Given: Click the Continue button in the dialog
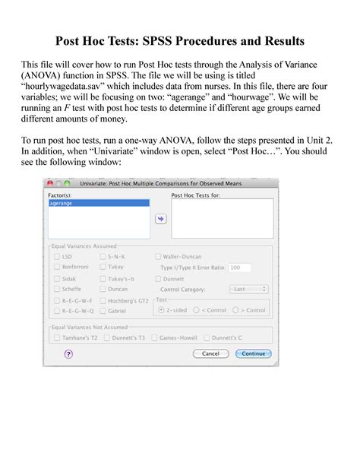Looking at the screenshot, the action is point(254,353).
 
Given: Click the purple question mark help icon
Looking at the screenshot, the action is point(68,353).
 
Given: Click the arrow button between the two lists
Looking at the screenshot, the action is point(161,218).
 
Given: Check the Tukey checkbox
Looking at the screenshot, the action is point(102,268).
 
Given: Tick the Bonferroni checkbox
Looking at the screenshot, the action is point(57,268).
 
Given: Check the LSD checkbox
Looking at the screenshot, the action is point(57,257).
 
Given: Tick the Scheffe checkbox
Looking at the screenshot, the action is point(57,289).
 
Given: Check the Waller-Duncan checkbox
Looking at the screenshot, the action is point(158,257).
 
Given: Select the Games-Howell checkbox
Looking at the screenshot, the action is point(155,336).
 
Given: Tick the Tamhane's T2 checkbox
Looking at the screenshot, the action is point(57,336).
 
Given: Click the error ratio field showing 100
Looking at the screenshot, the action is point(239,268).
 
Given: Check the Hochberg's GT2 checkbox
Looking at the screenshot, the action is point(102,300).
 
